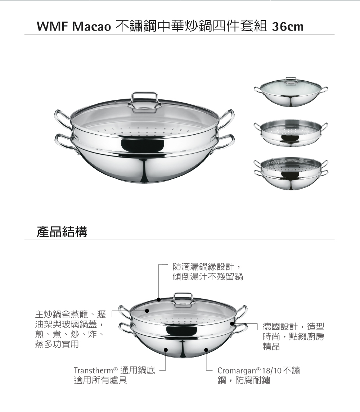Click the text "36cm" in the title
pyautogui.click(x=288, y=27)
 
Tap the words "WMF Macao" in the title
pyautogui.click(x=74, y=27)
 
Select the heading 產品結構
pyautogui.click(x=62, y=231)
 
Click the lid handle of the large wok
pyautogui.click(x=144, y=101)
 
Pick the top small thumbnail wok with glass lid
pyautogui.click(x=291, y=92)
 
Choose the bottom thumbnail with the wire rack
pyautogui.click(x=291, y=173)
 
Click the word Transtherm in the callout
pyautogui.click(x=94, y=371)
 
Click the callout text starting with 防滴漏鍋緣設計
pyautogui.click(x=208, y=272)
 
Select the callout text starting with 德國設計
pyautogui.click(x=293, y=336)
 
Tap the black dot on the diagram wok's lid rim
pyautogui.click(x=159, y=299)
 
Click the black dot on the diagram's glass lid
pyautogui.click(x=147, y=311)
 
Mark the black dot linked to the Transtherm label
pyautogui.click(x=166, y=350)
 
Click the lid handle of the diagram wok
pyautogui.click(x=183, y=300)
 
